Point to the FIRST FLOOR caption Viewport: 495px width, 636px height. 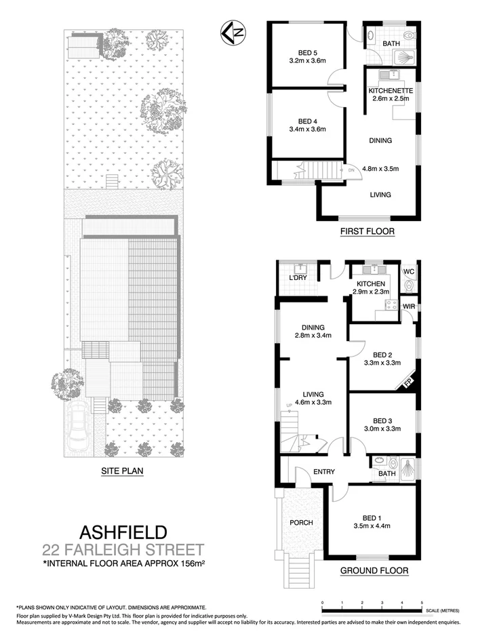tap(367, 231)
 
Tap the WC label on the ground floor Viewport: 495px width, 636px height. tap(408, 271)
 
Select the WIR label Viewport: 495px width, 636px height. tap(408, 306)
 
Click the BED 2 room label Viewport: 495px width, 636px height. tap(382, 354)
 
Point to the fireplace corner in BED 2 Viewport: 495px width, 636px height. tap(408, 382)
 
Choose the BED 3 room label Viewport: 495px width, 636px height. tap(382, 420)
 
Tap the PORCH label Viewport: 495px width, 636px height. tap(300, 523)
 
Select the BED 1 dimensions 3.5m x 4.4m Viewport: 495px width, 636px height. tap(372, 525)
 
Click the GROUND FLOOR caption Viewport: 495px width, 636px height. tap(374, 571)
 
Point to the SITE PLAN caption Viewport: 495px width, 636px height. tap(122, 469)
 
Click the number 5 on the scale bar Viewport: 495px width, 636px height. tap(421, 602)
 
